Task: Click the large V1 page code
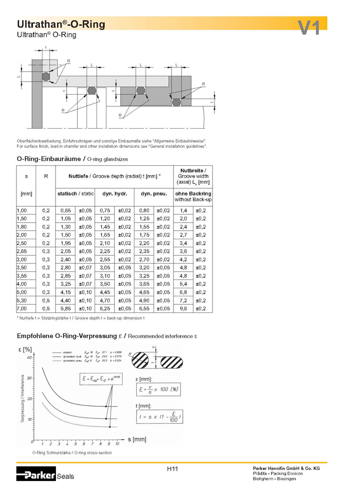pos(309,28)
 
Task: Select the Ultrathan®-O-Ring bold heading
pos(60,25)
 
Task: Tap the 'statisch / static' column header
pos(75,193)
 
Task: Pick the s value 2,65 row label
pos(22,251)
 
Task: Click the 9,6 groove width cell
pos(183,308)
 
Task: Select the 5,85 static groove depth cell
pos(65,308)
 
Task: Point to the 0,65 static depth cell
pos(65,211)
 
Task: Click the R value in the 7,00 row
pos(46,308)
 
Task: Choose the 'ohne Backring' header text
pos(192,193)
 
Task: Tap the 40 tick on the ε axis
pos(29,357)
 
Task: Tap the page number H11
pos(172,469)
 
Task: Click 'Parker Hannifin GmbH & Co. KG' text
pos(286,468)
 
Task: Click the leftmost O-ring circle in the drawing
pos(46,76)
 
